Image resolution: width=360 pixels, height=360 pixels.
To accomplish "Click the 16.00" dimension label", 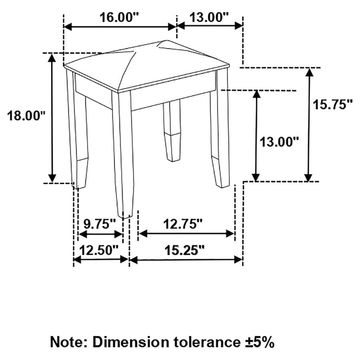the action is tap(119, 18).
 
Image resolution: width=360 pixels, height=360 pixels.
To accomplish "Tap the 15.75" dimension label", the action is tap(333, 105).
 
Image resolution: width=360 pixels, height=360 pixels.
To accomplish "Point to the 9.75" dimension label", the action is tap(100, 224).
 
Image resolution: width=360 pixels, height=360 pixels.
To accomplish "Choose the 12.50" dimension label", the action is tap(99, 250).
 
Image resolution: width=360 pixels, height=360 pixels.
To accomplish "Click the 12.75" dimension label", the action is tap(183, 224).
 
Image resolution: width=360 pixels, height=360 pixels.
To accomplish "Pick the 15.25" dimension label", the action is tap(184, 250).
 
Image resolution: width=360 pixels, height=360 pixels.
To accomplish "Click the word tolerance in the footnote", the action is tap(206, 342).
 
